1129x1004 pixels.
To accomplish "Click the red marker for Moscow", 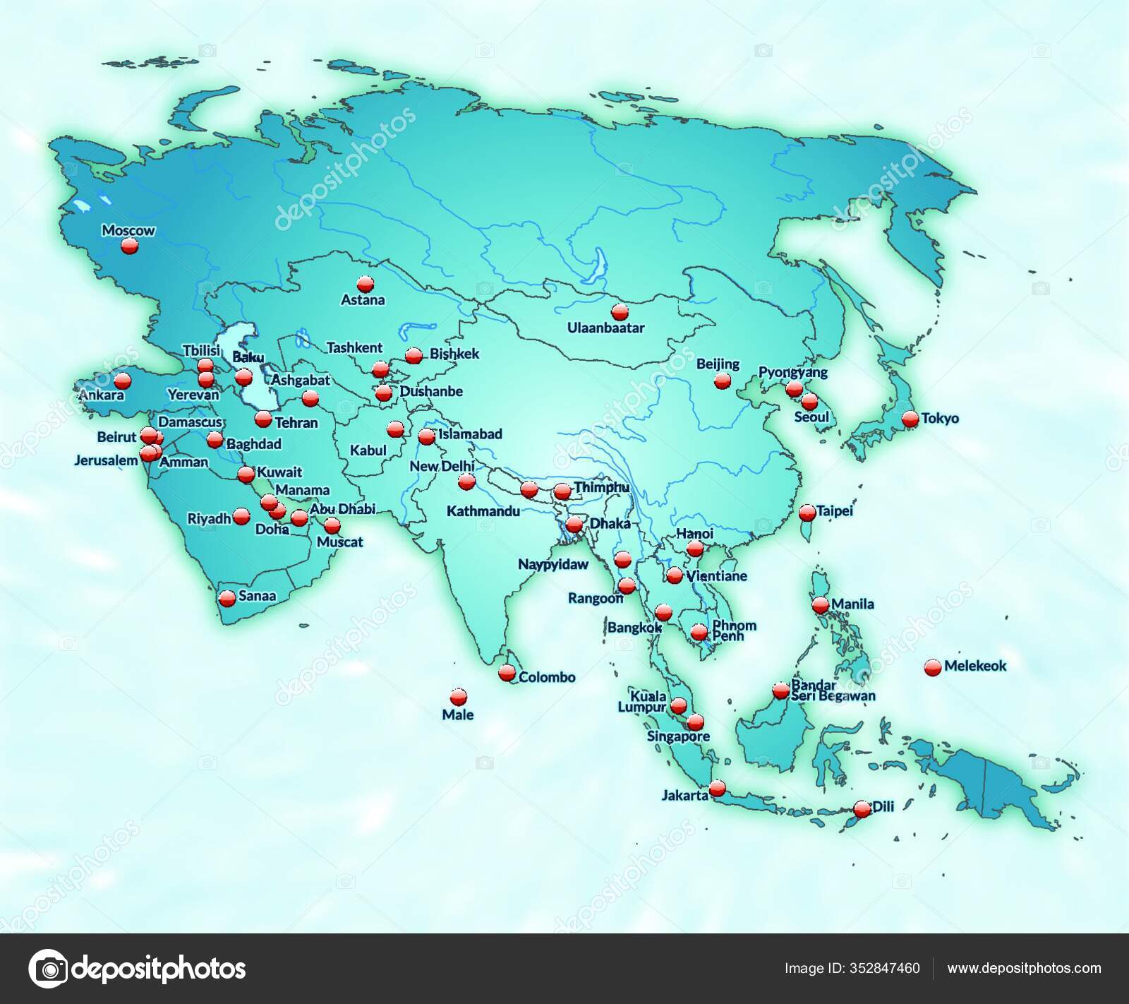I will (x=128, y=246).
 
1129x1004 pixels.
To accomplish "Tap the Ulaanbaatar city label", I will (x=605, y=328).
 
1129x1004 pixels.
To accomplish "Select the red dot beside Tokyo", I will (x=910, y=418).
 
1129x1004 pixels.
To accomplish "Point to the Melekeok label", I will (x=974, y=665).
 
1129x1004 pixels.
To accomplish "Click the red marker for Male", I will (x=458, y=696).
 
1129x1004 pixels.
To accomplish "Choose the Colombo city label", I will (x=547, y=677).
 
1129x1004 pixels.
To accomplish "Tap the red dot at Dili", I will (x=862, y=809).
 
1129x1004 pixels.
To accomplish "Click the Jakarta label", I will (x=684, y=795).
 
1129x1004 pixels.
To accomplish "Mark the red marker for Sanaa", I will (x=227, y=598).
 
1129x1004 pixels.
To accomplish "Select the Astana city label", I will (x=363, y=300).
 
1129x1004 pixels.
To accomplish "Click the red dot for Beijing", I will (x=722, y=381).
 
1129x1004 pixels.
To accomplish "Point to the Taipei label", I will (x=835, y=510).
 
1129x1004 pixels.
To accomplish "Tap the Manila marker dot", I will (x=820, y=605).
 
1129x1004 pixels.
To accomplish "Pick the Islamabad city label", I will (x=470, y=434).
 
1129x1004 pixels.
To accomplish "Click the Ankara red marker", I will (x=123, y=381).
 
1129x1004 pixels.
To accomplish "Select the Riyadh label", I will (x=209, y=519).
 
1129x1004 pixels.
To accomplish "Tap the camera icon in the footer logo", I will (x=47, y=969).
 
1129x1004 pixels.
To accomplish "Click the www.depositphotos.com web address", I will (x=1024, y=969).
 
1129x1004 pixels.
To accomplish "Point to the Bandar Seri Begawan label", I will (x=833, y=691).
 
